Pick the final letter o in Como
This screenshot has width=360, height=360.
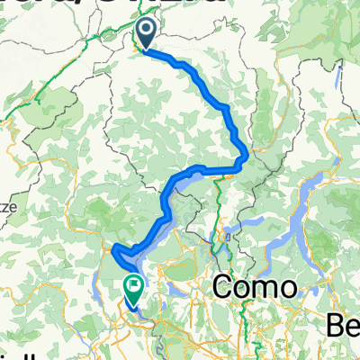coord(287,291)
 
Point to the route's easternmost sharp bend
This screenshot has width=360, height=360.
coord(245,158)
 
